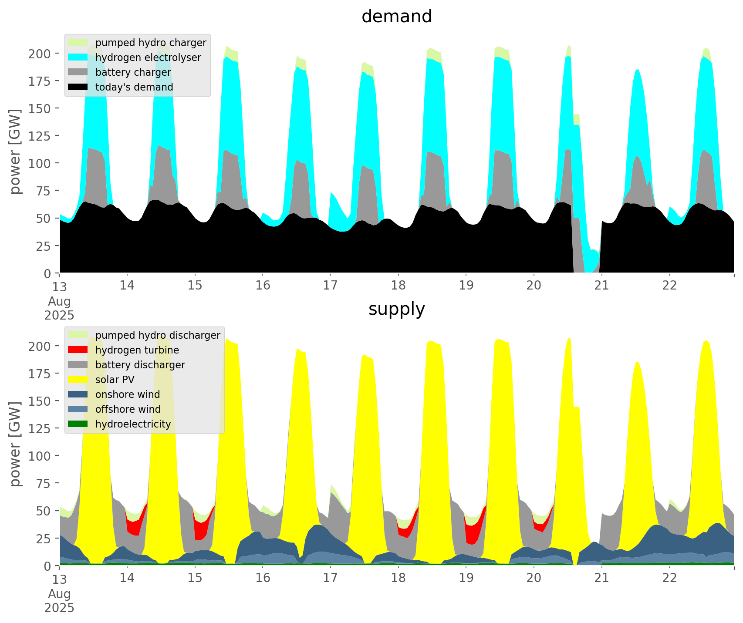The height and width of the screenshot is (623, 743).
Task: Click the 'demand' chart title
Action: [396, 17]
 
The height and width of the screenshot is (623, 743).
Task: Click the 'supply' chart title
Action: [396, 309]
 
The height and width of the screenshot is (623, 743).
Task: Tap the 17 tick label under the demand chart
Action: [330, 285]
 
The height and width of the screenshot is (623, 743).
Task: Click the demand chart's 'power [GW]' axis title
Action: [15, 152]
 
